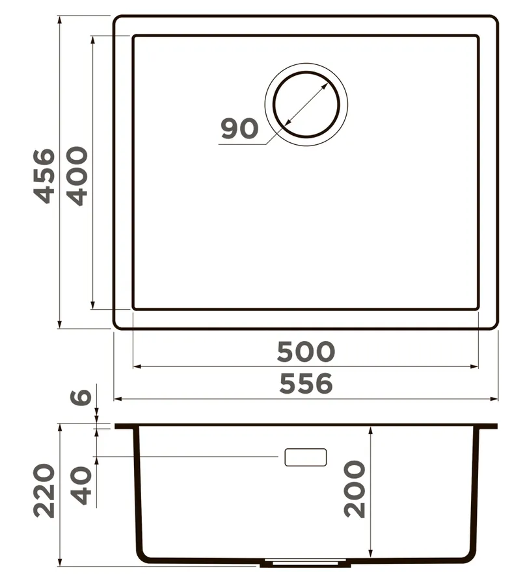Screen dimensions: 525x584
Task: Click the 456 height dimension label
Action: [x=44, y=176]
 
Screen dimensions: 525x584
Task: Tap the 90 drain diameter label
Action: [x=239, y=129]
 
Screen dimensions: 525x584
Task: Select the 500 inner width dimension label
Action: [x=306, y=351]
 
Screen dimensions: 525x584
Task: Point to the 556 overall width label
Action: [x=306, y=384]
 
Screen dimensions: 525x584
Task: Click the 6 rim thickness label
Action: [x=81, y=397]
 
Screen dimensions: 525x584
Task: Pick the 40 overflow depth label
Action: [x=81, y=485]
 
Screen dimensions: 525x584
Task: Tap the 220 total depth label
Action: [x=44, y=490]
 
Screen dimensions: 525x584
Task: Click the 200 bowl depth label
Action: [x=354, y=489]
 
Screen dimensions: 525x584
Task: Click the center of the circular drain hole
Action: [x=306, y=105]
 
